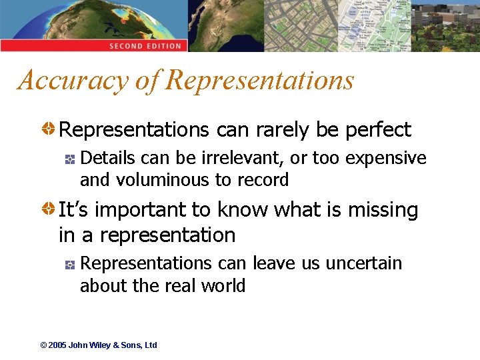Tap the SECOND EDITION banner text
click(x=145, y=46)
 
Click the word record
click(x=264, y=180)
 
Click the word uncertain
click(x=364, y=263)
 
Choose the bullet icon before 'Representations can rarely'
click(x=50, y=129)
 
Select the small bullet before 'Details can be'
click(x=70, y=159)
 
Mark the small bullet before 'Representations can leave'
click(x=70, y=264)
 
